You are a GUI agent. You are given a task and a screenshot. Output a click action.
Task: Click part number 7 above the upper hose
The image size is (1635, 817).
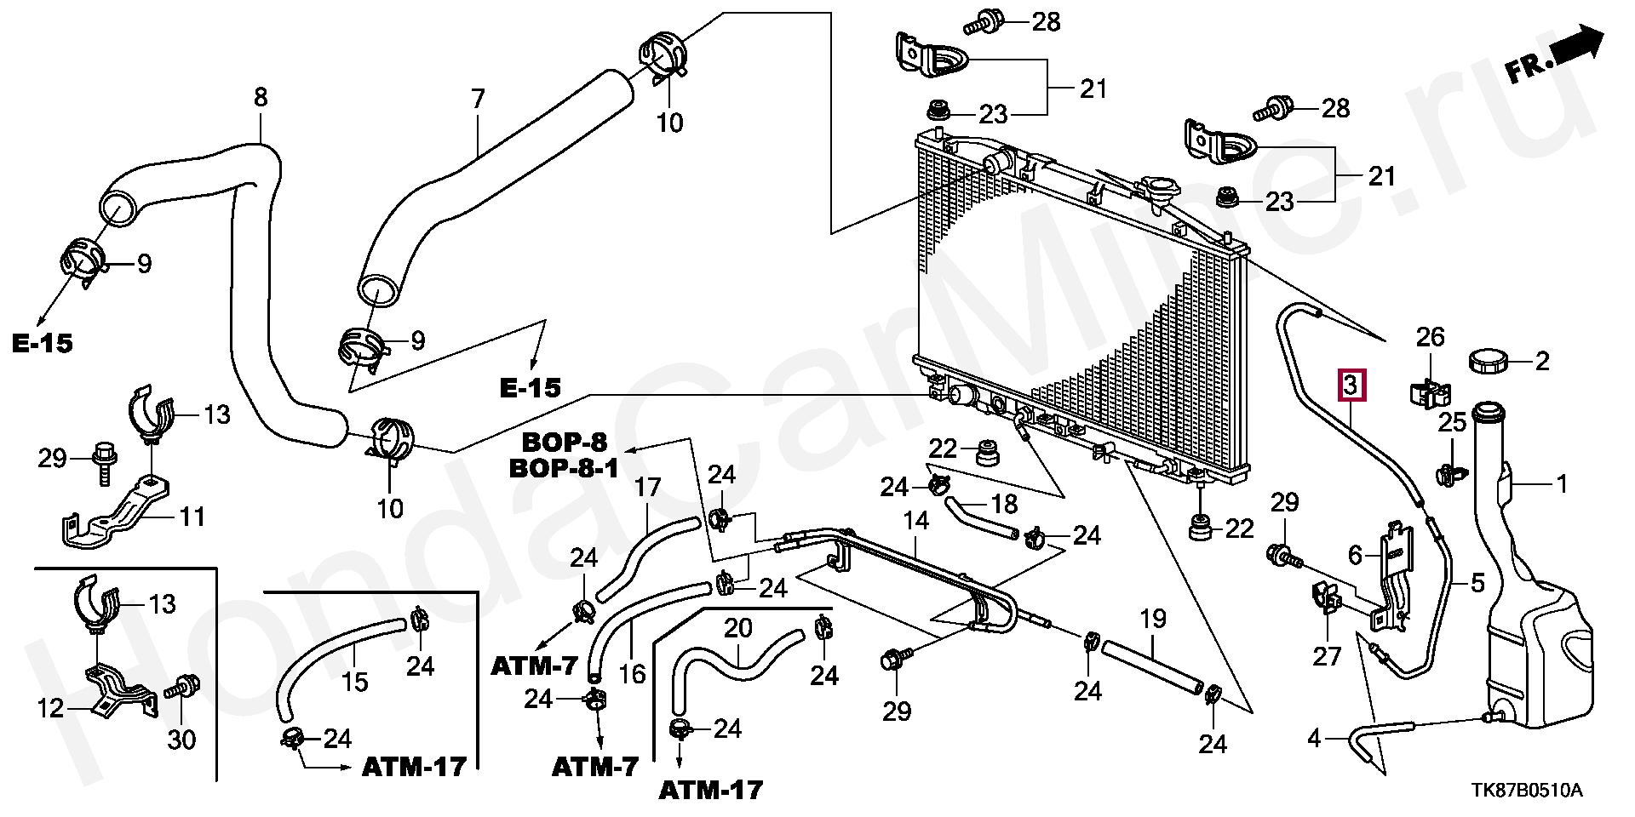tap(478, 99)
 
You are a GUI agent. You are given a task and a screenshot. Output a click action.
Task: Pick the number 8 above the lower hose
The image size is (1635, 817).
tap(261, 97)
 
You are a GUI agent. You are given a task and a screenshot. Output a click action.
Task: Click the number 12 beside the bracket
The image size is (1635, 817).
tap(50, 707)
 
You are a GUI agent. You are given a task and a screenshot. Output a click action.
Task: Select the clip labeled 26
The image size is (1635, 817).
tap(1428, 393)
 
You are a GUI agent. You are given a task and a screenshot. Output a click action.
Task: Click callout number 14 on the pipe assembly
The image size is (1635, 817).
tap(915, 520)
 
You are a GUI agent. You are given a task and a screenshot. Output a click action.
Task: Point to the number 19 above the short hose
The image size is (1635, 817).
tap(1153, 619)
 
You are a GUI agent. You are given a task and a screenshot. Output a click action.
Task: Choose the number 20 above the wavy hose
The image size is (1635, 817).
tap(738, 628)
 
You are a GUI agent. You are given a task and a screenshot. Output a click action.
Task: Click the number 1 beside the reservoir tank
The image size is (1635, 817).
tap(1561, 484)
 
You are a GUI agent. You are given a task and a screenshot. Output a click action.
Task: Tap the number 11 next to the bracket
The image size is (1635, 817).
tap(192, 516)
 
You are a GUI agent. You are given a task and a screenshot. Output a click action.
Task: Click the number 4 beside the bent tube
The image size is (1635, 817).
tap(1314, 737)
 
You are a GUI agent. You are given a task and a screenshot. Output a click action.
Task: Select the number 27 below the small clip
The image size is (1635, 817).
tap(1327, 655)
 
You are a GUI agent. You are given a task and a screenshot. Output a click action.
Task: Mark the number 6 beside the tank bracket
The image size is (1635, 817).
tap(1355, 555)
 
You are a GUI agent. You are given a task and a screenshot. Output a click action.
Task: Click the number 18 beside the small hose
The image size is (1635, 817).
tap(1005, 504)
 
